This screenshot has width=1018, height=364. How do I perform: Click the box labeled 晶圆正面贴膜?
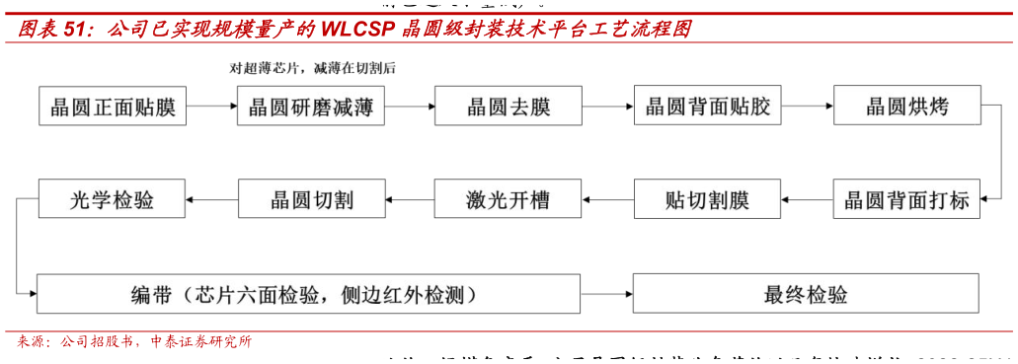click(113, 106)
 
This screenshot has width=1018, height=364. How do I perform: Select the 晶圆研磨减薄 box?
click(311, 106)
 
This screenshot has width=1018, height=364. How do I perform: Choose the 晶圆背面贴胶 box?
click(707, 106)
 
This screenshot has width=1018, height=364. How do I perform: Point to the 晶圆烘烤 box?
click(906, 106)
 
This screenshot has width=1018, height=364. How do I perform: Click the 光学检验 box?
click(113, 200)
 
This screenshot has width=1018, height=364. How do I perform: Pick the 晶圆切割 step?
click(311, 200)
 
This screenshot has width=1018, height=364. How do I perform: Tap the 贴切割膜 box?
click(707, 200)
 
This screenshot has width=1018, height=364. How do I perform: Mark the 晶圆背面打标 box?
click(906, 200)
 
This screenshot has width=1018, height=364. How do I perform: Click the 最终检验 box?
click(805, 294)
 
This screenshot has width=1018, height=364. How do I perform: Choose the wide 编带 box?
click(308, 294)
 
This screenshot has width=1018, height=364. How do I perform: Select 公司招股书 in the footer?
click(99, 343)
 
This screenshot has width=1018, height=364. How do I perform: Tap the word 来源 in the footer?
click(30, 343)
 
